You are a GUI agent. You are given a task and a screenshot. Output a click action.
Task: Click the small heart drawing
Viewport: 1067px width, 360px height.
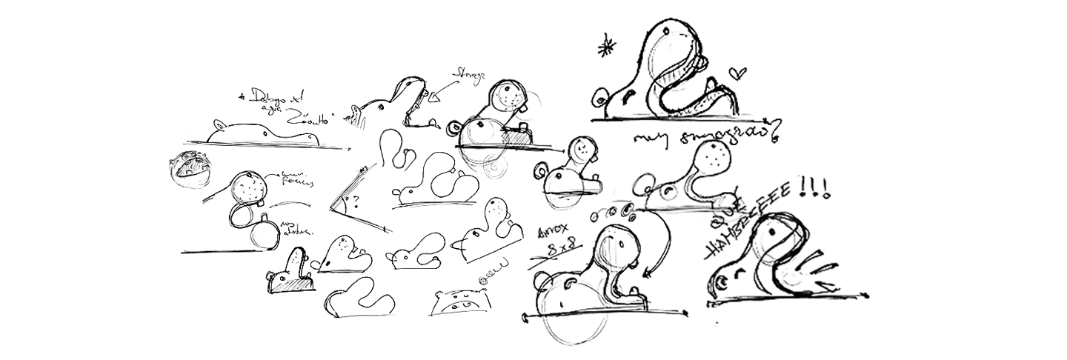737,73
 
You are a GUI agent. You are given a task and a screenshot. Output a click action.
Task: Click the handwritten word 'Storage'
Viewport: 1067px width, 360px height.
470,74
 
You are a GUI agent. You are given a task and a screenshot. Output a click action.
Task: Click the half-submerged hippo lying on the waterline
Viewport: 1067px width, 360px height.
263,133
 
